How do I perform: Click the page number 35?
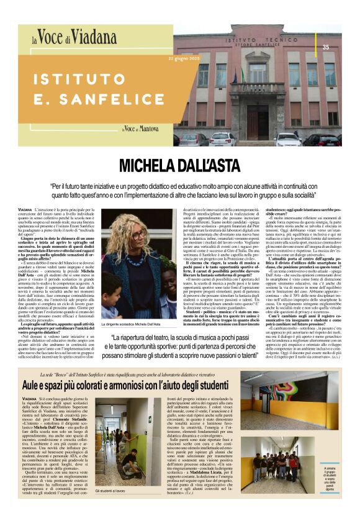coord(326,47)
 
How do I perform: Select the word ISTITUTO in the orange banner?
coord(80,79)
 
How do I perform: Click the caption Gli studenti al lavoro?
coord(110,490)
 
